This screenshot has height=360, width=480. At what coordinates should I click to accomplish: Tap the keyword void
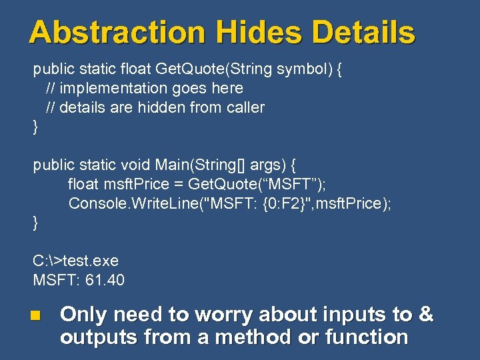pyautogui.click(x=137, y=164)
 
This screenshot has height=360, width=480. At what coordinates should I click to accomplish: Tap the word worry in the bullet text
pyautogui.click(x=220, y=315)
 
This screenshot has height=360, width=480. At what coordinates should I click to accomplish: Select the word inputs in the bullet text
pyautogui.click(x=347, y=315)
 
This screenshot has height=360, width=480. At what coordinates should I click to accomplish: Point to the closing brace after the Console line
pyautogui.click(x=36, y=223)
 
